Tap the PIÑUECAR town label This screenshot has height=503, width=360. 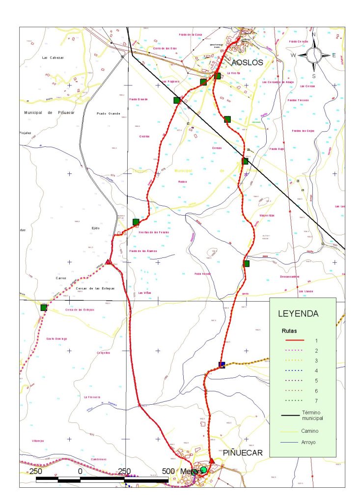[243, 452]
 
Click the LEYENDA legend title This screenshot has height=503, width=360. [298, 313]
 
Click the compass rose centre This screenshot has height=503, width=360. [315, 54]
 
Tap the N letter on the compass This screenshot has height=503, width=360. [314, 34]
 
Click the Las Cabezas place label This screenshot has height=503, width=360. [53, 57]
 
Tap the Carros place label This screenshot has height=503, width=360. [61, 278]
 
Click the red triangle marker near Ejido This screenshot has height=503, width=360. [108, 262]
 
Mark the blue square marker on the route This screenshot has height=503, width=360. [222, 365]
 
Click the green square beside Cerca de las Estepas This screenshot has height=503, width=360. [43, 307]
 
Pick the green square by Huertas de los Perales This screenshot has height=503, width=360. [136, 222]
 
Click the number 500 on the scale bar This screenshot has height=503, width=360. [168, 471]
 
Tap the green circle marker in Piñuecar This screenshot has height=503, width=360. [203, 470]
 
